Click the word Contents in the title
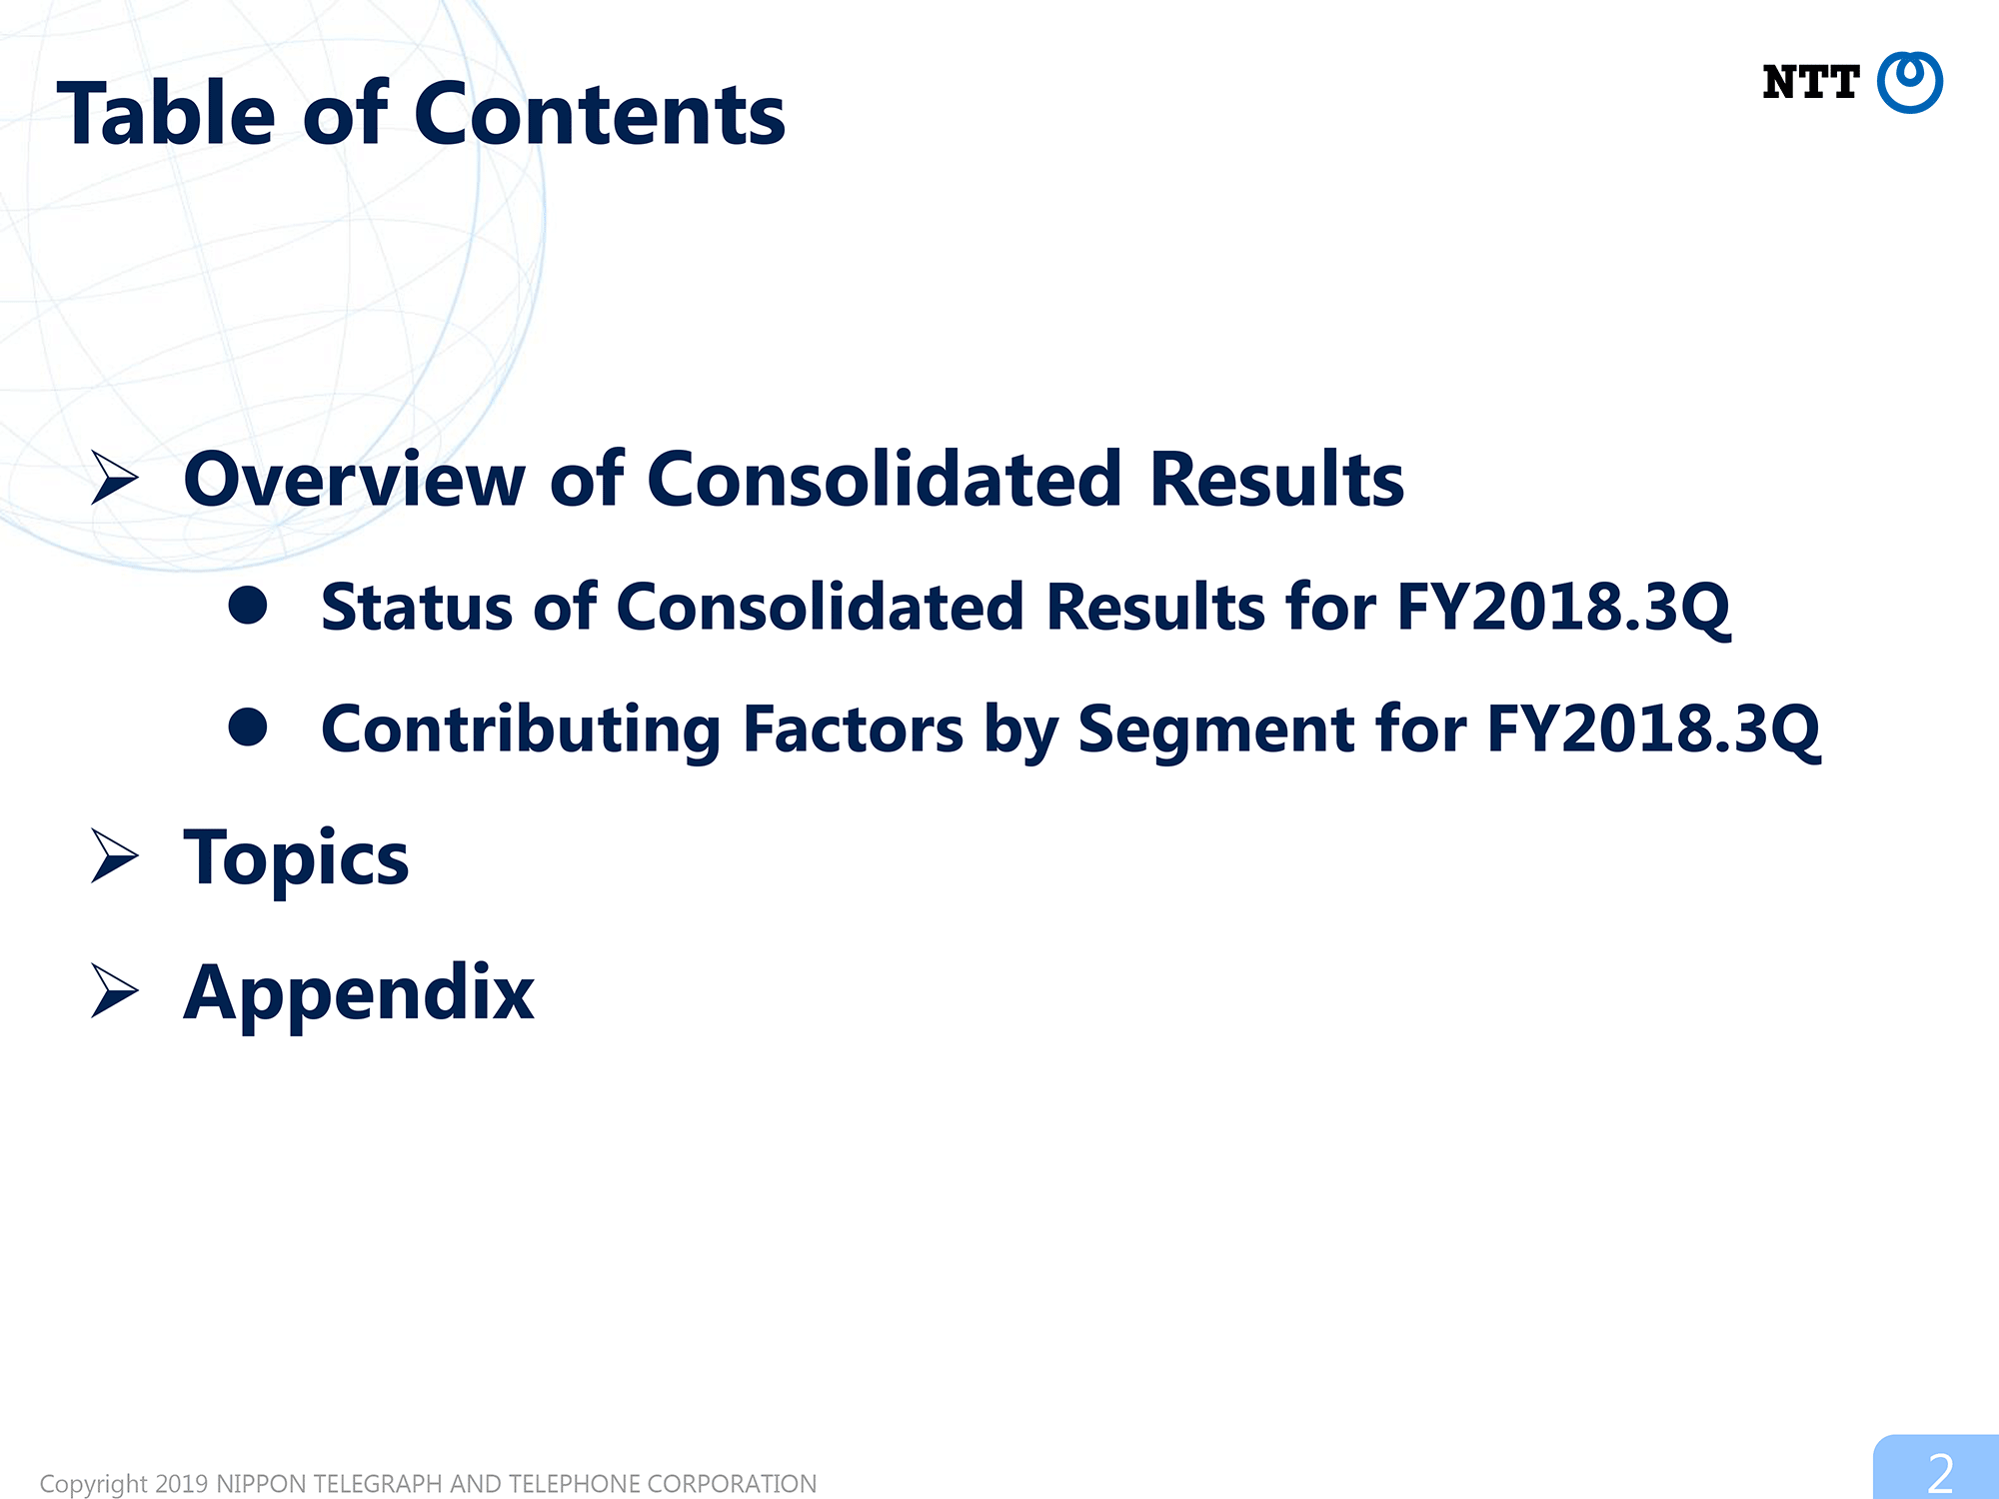point(600,115)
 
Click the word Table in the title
point(166,113)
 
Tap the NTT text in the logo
point(1810,83)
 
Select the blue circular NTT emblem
point(1909,82)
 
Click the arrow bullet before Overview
point(114,477)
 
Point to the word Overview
point(355,480)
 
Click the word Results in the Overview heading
point(1276,480)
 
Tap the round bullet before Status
point(248,605)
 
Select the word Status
point(417,607)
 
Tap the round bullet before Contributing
point(248,727)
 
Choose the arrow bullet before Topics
point(114,855)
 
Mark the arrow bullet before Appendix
point(114,990)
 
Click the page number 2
point(1940,1473)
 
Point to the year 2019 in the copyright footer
point(181,1484)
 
